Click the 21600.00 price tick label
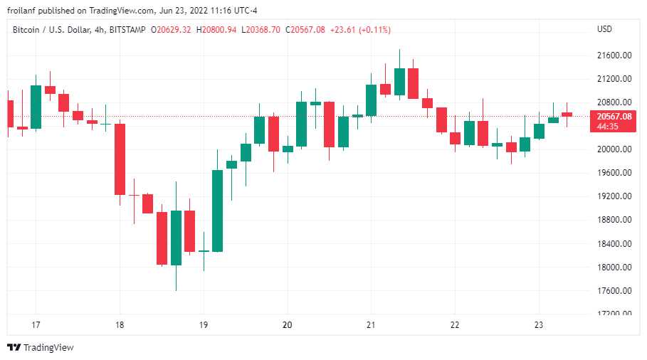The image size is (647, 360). coord(615,55)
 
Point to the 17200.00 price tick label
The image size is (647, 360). coord(615,314)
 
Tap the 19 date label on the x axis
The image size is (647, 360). coord(204,325)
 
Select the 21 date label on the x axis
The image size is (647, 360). coord(371,325)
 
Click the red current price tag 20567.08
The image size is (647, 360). coord(615,117)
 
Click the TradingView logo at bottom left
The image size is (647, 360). coord(41,347)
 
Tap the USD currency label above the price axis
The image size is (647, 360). coord(604,29)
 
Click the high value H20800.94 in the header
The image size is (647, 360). coord(218,29)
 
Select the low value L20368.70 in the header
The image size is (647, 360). coord(261,29)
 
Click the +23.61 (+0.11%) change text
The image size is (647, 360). coord(360,29)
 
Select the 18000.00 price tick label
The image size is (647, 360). coord(615,267)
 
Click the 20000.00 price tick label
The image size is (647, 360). coord(615,149)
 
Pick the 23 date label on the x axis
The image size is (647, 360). coord(538,325)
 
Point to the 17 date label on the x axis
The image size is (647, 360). coord(36,325)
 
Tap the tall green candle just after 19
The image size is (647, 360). coord(217,211)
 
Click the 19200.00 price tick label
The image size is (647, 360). coord(615,196)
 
